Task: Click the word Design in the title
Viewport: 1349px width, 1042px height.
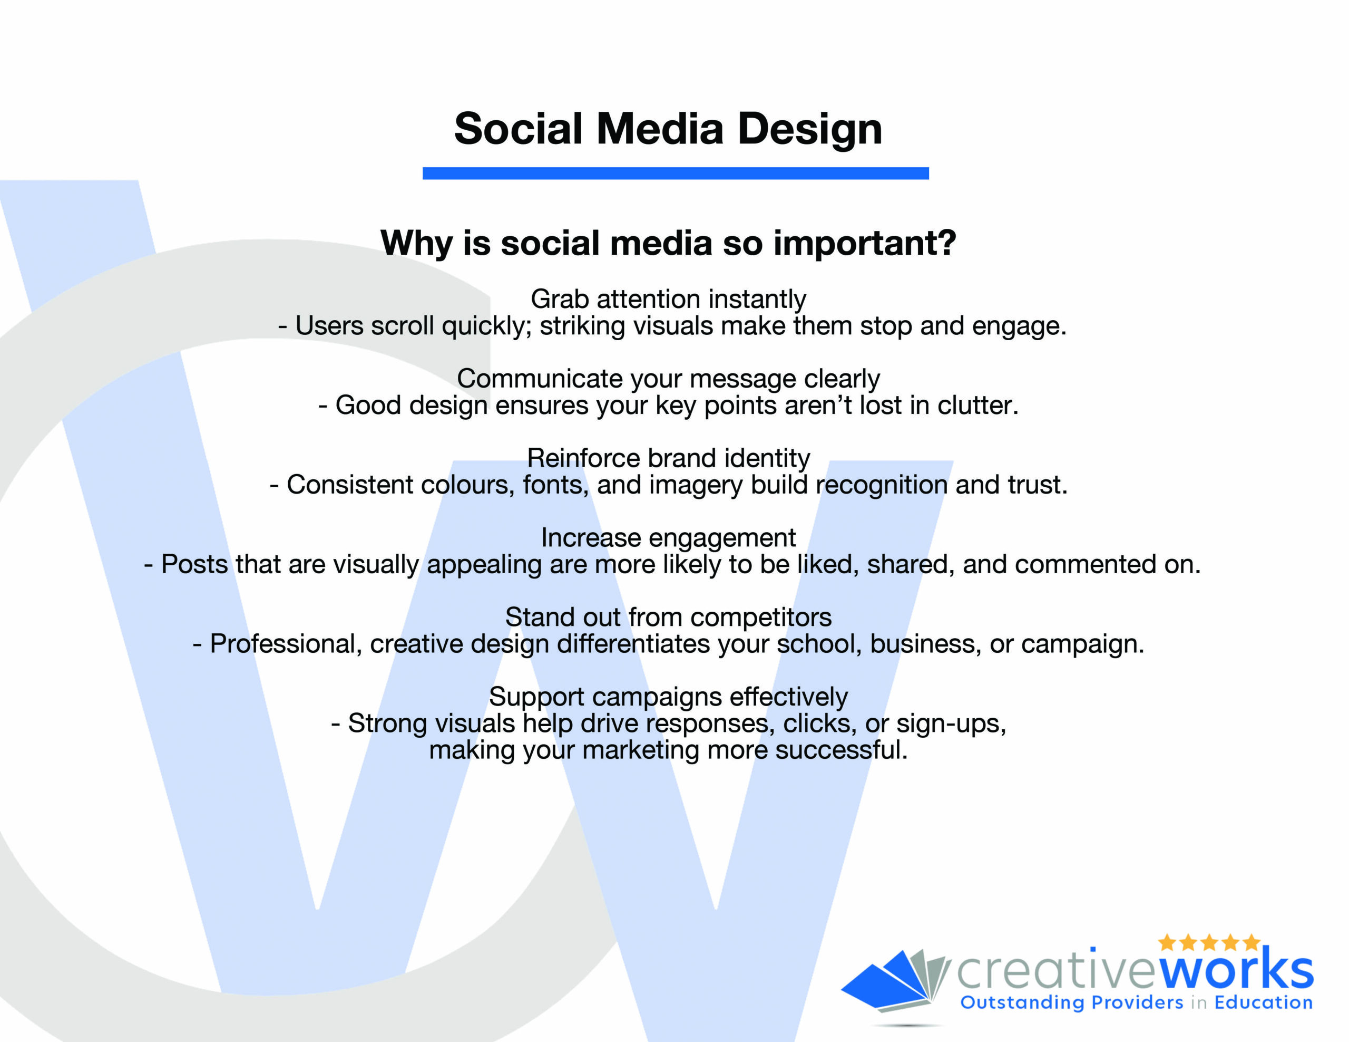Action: (810, 130)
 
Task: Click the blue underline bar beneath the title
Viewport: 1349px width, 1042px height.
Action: (676, 173)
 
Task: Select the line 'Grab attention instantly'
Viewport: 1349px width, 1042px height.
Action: (668, 300)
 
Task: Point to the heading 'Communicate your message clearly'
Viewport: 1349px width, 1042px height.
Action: (668, 379)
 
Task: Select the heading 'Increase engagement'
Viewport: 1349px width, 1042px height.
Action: (668, 538)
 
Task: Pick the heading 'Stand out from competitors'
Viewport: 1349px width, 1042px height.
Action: (668, 618)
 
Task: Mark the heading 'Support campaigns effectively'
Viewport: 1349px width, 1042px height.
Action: (668, 697)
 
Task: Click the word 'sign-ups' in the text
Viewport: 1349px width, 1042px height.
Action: (951, 723)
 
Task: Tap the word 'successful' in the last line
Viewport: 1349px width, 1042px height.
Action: (841, 750)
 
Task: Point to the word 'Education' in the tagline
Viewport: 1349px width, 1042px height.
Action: (1264, 1002)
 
